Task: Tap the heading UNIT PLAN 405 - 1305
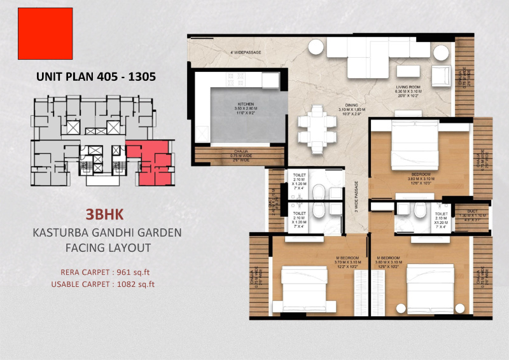[96, 76]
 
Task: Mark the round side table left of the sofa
[315, 47]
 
